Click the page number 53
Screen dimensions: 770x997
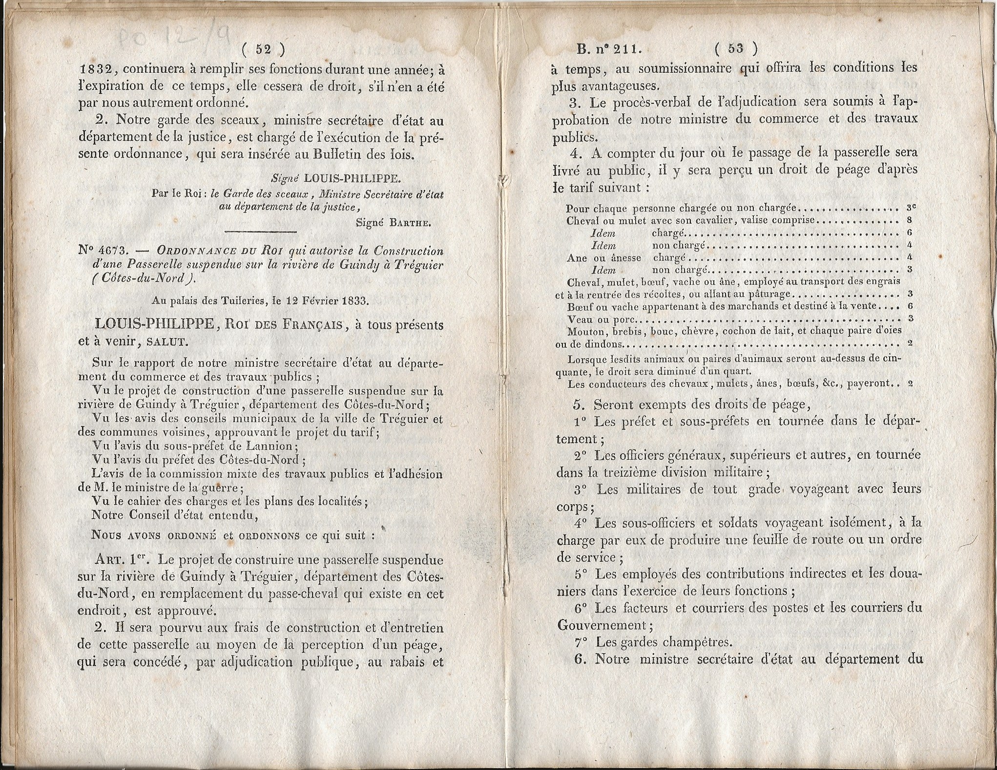tap(735, 48)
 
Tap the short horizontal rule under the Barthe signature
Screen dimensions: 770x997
tap(261, 231)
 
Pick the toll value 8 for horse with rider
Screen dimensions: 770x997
tap(910, 220)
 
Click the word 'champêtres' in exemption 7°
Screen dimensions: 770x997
tap(695, 642)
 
